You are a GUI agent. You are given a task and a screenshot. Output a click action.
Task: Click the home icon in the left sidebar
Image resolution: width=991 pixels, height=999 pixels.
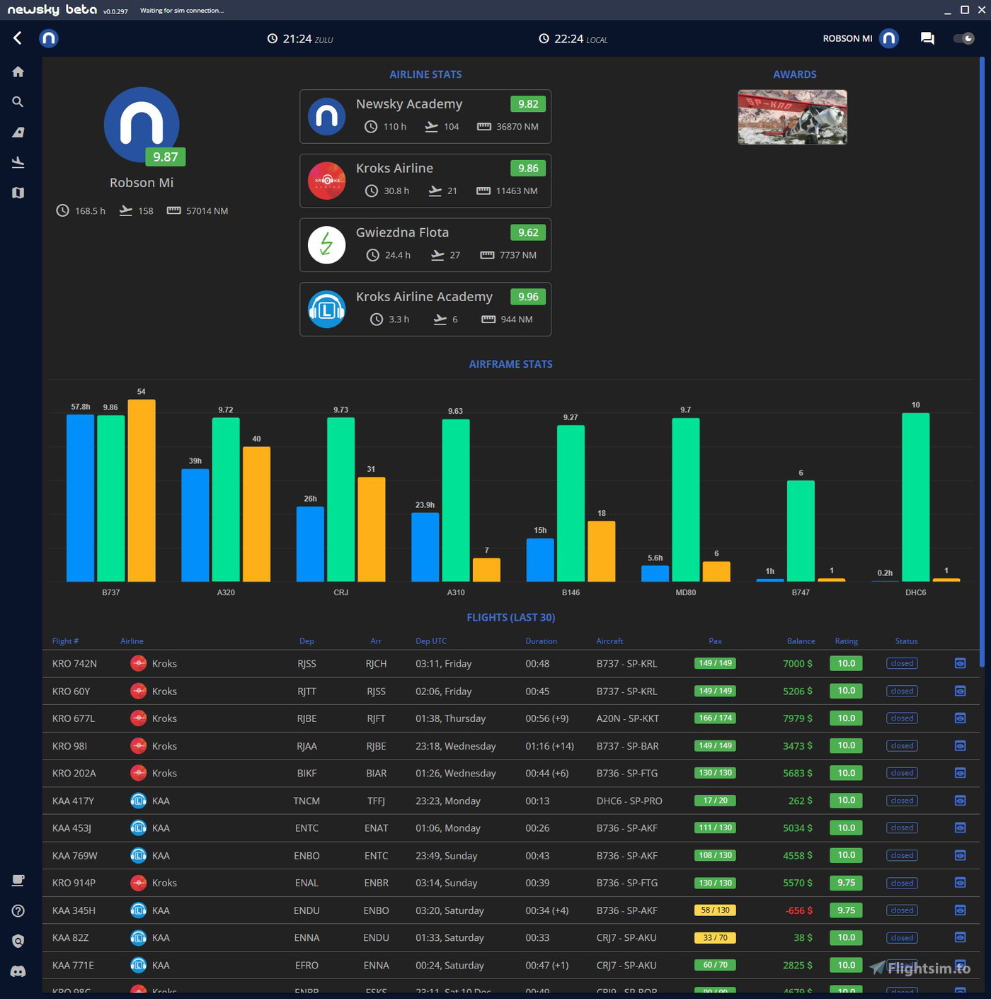tap(18, 72)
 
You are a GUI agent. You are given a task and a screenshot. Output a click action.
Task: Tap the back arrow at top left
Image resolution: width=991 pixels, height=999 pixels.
tap(18, 38)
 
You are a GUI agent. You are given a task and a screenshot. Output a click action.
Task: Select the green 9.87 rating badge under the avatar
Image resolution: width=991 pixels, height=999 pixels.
tap(166, 157)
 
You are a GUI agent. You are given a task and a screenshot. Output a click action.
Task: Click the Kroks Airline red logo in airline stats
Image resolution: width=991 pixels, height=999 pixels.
tap(326, 181)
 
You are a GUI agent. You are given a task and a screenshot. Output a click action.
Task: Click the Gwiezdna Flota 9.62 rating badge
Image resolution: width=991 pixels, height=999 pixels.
tap(527, 232)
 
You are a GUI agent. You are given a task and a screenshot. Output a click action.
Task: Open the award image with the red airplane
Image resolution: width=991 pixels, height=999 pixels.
tap(792, 117)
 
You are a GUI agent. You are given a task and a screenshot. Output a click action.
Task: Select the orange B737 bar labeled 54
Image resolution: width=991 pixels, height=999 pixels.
tap(142, 490)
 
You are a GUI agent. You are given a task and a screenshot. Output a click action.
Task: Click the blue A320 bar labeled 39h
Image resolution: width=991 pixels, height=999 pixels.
tap(195, 525)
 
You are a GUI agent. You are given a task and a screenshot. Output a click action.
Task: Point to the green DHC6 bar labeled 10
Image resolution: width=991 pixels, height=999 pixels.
tap(915, 497)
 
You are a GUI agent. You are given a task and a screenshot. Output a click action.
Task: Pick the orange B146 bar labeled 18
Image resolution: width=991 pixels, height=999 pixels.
tap(601, 551)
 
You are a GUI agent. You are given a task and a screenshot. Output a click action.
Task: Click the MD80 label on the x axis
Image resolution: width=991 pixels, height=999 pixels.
tap(685, 592)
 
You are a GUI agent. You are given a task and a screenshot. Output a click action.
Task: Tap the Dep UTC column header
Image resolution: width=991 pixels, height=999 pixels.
tap(430, 641)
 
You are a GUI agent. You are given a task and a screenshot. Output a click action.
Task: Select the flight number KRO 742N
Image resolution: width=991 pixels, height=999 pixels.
tap(74, 664)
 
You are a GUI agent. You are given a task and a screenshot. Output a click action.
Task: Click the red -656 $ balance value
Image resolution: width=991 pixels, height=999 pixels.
tap(799, 910)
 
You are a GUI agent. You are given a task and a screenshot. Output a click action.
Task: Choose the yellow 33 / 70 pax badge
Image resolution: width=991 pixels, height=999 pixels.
tap(715, 938)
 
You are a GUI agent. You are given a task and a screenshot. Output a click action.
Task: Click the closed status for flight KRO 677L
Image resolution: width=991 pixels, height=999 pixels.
tap(902, 718)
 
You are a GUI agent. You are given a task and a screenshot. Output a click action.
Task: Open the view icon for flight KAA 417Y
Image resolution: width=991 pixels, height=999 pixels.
tap(960, 801)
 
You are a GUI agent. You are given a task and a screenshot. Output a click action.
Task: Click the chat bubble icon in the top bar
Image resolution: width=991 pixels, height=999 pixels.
tap(927, 38)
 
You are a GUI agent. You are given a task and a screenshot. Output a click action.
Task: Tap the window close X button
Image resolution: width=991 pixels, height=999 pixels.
tap(981, 10)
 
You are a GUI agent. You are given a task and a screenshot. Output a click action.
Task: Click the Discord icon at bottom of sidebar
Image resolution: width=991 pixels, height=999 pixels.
tap(18, 971)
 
